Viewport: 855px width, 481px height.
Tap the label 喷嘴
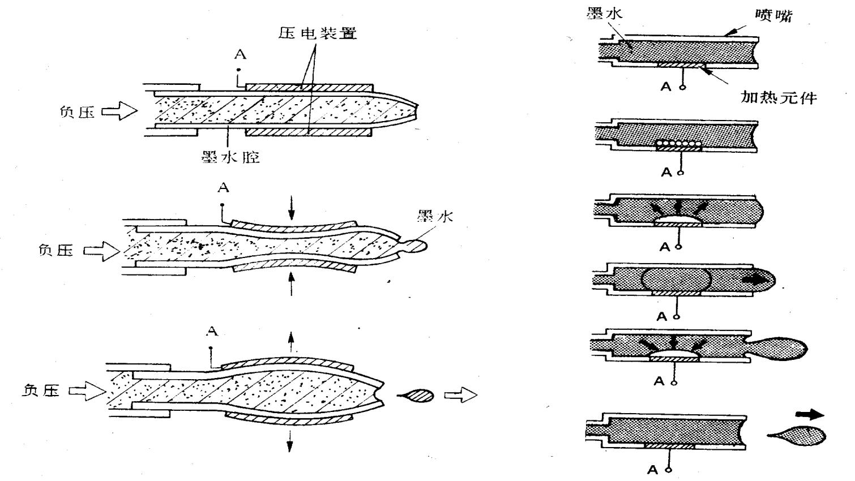[x=773, y=16]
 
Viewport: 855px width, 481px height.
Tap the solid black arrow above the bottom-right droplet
[x=810, y=415]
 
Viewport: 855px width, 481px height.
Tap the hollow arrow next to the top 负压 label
[x=119, y=111]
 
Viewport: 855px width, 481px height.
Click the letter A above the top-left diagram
[x=240, y=55]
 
